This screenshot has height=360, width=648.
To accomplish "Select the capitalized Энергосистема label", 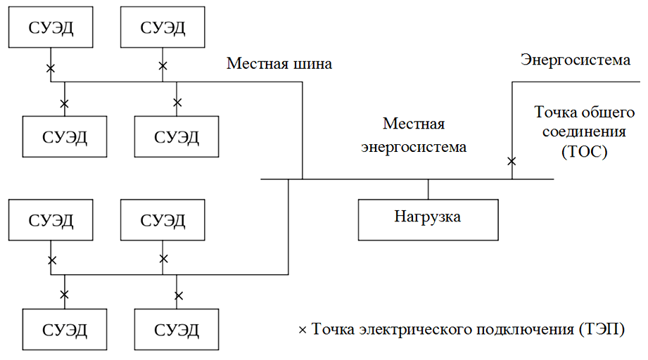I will click(x=575, y=60).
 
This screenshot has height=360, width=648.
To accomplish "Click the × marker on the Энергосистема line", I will click(x=512, y=162).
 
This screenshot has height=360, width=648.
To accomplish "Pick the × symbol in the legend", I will click(x=303, y=330).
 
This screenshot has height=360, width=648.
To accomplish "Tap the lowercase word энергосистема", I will click(x=414, y=148).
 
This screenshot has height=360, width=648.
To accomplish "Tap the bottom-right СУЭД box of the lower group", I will click(x=176, y=329).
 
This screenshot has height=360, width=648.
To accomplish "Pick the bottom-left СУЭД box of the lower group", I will click(x=65, y=329).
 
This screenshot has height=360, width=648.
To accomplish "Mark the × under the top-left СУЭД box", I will click(x=51, y=68).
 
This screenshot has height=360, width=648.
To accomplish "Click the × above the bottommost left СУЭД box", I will click(x=65, y=295).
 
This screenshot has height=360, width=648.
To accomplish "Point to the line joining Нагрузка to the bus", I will click(x=428, y=189).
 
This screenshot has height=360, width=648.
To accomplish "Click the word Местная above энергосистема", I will click(x=414, y=124).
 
